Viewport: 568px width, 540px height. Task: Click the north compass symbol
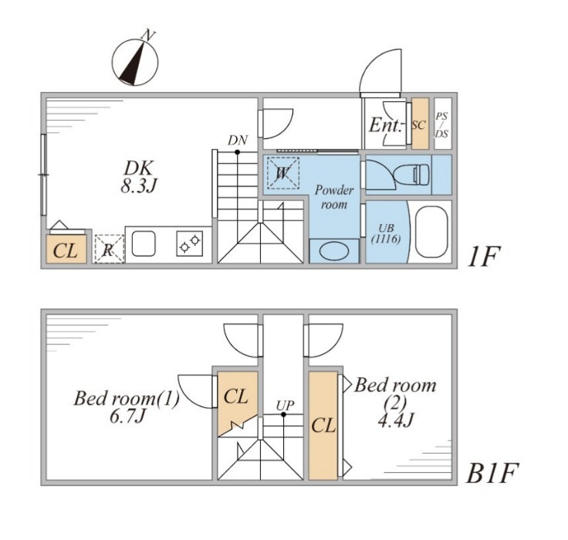pos(135,59)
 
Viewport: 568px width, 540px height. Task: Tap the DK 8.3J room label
pos(140,176)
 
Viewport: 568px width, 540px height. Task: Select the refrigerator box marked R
pos(109,249)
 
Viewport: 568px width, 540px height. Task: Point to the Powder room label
pos(333,196)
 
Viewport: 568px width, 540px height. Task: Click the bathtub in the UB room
pos(431,232)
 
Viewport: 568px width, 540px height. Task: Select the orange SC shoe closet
pos(419,124)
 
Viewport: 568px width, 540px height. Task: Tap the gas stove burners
pos(189,245)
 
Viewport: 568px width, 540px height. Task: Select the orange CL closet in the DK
pos(66,250)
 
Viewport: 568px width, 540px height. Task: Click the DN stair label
pos(238,140)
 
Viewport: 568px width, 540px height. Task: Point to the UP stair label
pos(284,404)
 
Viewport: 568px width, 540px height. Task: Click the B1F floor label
pos(492,473)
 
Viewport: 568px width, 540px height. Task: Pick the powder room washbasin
pos(333,251)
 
